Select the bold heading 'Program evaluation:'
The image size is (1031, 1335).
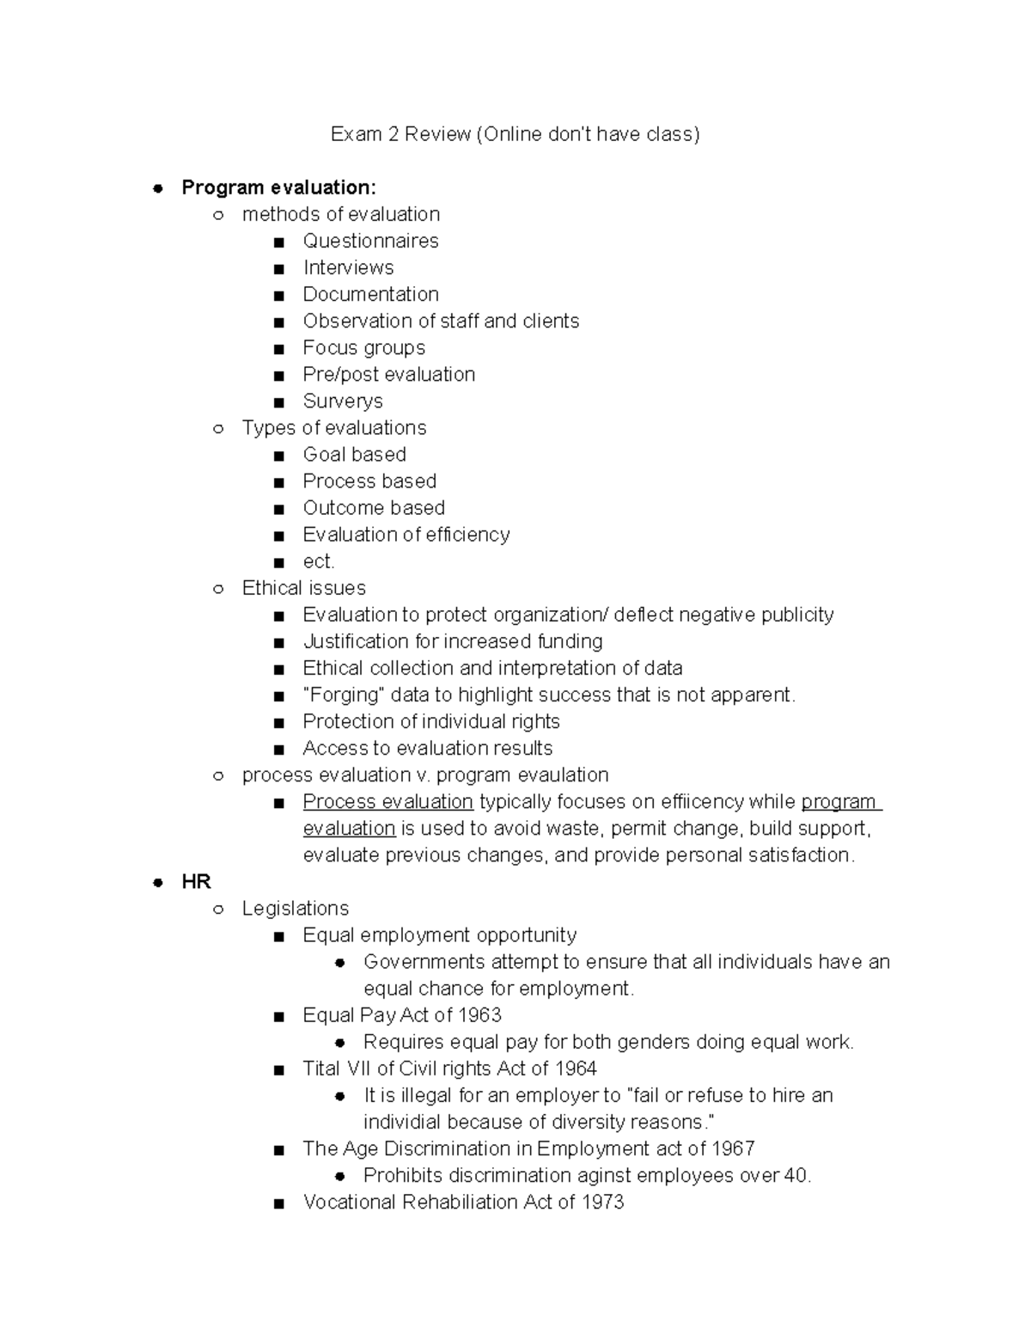click(278, 187)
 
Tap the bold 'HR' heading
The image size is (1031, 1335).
click(196, 881)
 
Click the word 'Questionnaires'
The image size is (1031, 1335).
click(370, 241)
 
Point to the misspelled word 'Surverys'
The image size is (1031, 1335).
click(343, 401)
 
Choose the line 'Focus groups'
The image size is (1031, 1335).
click(363, 347)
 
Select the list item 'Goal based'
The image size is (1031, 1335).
click(354, 454)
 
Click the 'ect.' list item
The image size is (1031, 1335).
click(319, 561)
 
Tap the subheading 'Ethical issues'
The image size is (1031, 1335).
click(304, 588)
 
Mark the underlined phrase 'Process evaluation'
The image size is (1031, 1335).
click(387, 801)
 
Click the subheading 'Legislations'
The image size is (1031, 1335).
click(296, 909)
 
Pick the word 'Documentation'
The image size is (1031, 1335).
click(370, 294)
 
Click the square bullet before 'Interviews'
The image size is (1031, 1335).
click(278, 268)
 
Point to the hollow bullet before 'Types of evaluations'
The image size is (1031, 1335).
click(218, 428)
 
